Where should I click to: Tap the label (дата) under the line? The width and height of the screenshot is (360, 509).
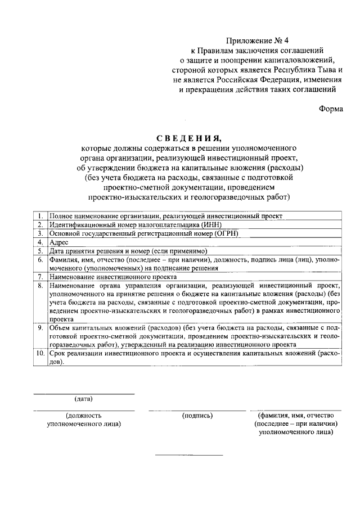(83, 399)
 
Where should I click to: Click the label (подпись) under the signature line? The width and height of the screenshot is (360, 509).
(197, 416)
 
